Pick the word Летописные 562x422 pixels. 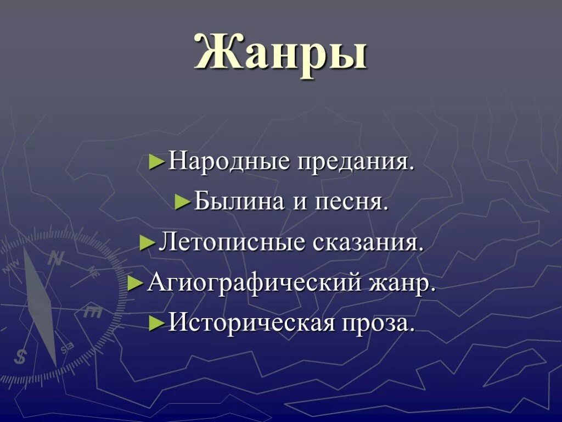231,242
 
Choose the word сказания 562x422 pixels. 368,242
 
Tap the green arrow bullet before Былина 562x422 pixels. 183,203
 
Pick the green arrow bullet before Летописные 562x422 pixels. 148,243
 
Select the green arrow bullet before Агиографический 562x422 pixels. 136,284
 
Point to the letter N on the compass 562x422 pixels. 55,258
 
